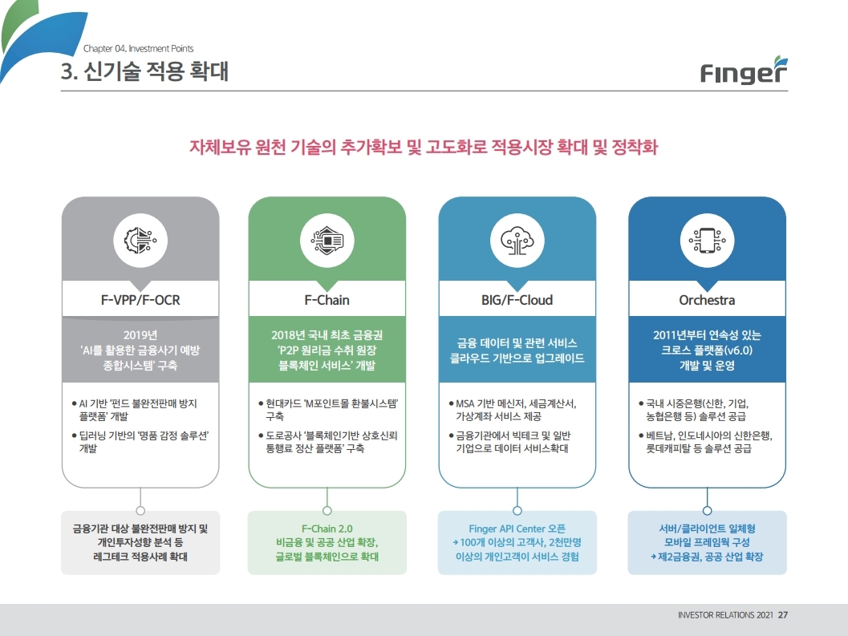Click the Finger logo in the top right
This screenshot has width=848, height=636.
coord(743,71)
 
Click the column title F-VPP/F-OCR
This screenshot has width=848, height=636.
coord(140,300)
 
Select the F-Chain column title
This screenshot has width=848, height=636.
coord(327,300)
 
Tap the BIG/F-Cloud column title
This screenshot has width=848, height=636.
coord(517,300)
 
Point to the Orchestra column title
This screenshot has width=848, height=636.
coord(707,300)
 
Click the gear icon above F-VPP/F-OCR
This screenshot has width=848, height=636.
coord(140,239)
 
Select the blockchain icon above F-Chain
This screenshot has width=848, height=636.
coord(327,239)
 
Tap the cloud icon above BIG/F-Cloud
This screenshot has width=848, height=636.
coord(517,239)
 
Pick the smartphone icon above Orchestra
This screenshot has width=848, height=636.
coord(707,239)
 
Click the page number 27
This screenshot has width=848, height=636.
coord(783,616)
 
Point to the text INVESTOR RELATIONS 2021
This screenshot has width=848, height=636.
coord(725,616)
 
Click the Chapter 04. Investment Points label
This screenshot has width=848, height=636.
coord(138,49)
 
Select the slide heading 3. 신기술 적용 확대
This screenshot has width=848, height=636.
coord(144,72)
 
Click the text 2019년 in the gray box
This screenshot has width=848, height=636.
coord(140,335)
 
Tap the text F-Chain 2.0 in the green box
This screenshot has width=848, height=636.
coord(327,529)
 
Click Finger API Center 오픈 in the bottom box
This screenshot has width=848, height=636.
coord(517,529)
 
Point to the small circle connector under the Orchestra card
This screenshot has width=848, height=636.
coord(707,510)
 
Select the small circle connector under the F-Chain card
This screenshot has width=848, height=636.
coord(327,510)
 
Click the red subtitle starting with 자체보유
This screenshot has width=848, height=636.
coord(424,148)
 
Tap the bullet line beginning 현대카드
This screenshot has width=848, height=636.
coord(332,403)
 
